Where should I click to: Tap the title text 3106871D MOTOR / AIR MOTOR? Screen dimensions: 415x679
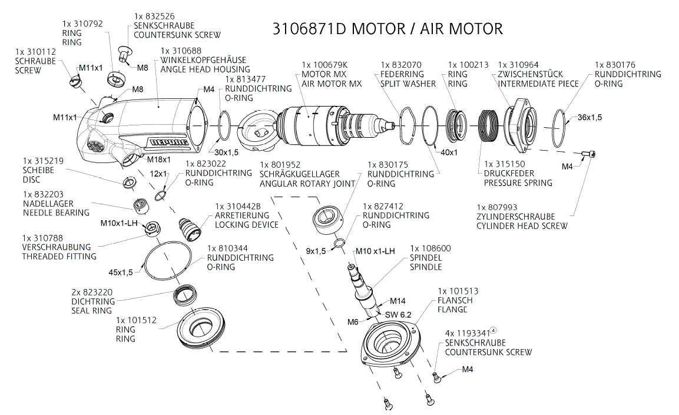point(387,29)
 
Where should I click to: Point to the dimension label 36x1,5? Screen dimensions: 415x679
point(589,117)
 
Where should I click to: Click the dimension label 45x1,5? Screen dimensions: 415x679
point(121,272)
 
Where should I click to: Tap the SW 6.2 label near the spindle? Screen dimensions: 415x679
point(398,314)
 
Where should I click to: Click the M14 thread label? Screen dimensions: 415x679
point(398,301)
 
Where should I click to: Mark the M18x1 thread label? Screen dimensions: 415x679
point(158,160)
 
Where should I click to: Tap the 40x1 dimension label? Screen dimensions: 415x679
point(449,152)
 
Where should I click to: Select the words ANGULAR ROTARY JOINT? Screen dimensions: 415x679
point(307,183)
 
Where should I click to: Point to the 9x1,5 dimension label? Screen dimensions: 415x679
point(316,251)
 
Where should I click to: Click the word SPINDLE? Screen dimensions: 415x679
point(426,267)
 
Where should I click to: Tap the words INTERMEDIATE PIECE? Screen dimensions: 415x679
point(538,84)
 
